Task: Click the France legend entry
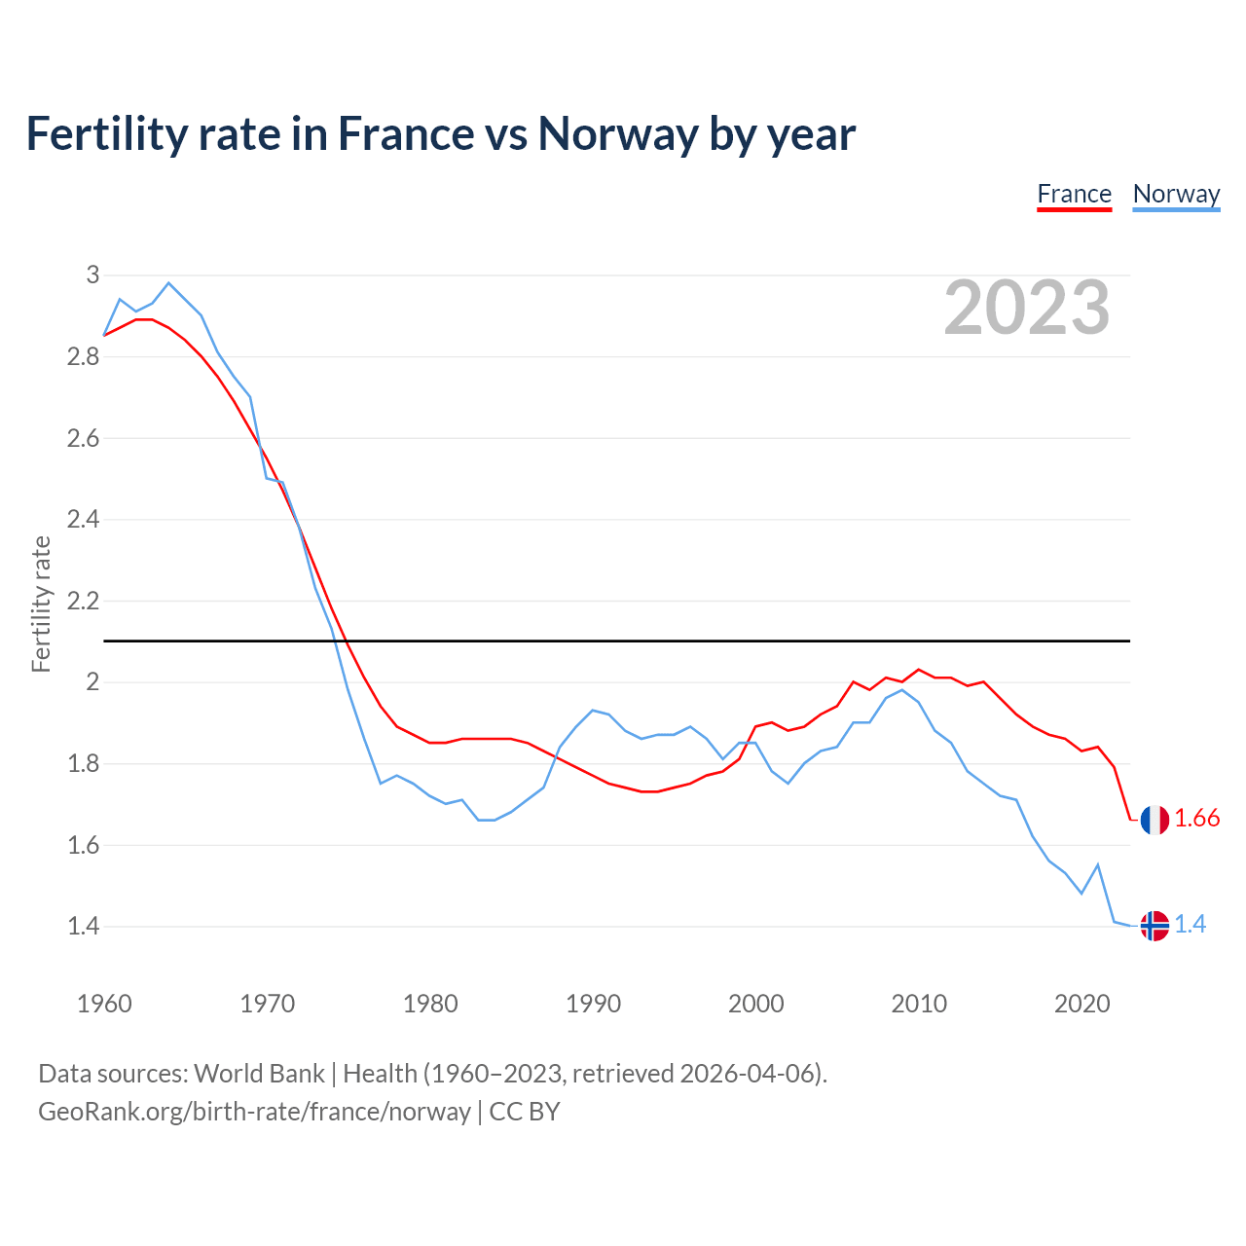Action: click(x=1074, y=194)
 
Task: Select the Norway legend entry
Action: click(x=1176, y=194)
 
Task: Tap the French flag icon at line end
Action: click(x=1154, y=820)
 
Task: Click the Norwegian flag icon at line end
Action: click(x=1154, y=925)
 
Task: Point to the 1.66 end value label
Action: click(x=1196, y=819)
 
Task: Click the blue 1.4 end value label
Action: click(x=1190, y=924)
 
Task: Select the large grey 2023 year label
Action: click(x=1027, y=308)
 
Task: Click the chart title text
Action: click(x=441, y=133)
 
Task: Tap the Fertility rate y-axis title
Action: click(x=41, y=604)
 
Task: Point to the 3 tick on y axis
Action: click(x=93, y=275)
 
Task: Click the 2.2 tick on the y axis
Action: click(x=83, y=601)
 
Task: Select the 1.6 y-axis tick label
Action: click(x=83, y=845)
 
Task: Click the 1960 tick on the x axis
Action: click(x=104, y=1004)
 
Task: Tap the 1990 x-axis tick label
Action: click(x=593, y=1004)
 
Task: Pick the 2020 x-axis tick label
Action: click(x=1081, y=1004)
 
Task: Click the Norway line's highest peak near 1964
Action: click(x=168, y=283)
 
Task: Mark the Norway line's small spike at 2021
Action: click(x=1098, y=864)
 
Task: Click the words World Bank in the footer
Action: click(x=259, y=1074)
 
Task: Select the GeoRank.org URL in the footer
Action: click(x=254, y=1112)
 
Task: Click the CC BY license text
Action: click(x=525, y=1112)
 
